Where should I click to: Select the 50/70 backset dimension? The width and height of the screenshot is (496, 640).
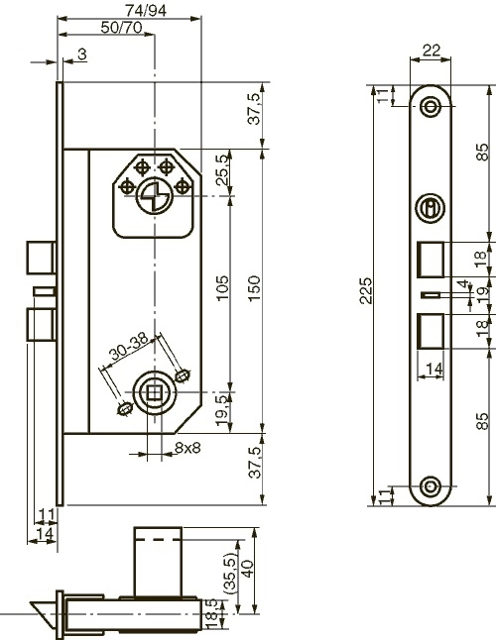point(120,27)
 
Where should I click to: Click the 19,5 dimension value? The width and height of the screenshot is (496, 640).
point(222,408)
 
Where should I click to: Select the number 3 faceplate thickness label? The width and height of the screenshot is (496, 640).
point(79,53)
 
